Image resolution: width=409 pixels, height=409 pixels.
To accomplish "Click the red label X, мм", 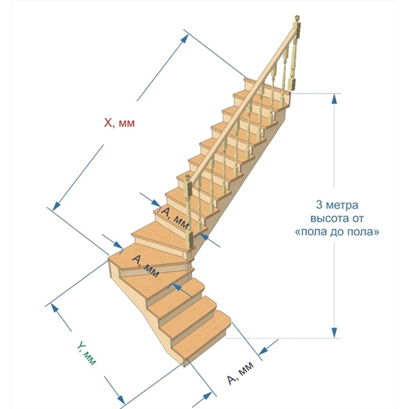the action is coord(120,123).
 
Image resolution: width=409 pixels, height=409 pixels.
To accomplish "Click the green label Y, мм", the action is coord(87,354).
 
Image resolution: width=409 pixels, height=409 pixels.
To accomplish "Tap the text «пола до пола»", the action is coord(337,232).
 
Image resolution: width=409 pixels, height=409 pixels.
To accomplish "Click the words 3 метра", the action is coord(337,205).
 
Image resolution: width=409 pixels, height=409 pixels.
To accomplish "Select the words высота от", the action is coord(337,218).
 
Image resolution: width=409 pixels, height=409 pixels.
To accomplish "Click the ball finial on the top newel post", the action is coord(297,19).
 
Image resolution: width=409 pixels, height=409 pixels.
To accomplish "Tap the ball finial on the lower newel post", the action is coord(187,177).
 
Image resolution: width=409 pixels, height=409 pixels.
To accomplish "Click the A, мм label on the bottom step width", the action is coord(240,373).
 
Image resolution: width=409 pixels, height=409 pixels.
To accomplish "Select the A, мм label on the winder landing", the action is coord(146,266).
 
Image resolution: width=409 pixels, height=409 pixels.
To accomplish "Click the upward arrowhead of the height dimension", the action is coord(335,99).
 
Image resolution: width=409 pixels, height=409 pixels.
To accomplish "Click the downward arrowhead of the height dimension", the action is coord(335,333).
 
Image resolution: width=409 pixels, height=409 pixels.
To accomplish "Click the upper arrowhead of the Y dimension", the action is coord(55,309).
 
